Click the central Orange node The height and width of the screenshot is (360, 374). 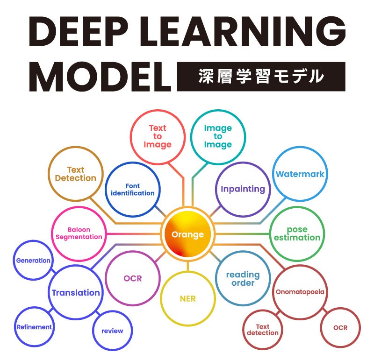[x=187, y=234]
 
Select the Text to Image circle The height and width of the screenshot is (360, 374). [x=158, y=136]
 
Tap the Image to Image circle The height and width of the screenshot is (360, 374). [x=217, y=136]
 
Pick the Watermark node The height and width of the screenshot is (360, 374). [x=300, y=174]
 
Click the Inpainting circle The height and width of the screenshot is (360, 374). [x=243, y=189]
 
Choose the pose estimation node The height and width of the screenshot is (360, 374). [x=297, y=233]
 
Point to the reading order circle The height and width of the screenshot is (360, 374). [x=243, y=278]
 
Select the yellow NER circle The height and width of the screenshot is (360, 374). [x=187, y=299]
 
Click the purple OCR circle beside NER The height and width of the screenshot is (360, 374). [x=132, y=278]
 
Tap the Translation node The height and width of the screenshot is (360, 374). [x=76, y=293]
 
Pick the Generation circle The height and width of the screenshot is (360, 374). [x=33, y=261]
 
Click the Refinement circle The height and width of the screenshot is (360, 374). [x=34, y=327]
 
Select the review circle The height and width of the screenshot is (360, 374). [x=112, y=331]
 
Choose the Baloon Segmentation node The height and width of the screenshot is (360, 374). [x=79, y=233]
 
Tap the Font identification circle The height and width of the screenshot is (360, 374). [x=132, y=189]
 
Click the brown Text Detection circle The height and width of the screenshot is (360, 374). [x=75, y=174]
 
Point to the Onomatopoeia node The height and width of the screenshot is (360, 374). [x=299, y=292]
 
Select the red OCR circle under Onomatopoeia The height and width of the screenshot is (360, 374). [x=340, y=327]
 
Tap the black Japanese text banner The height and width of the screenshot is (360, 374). [x=261, y=76]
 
